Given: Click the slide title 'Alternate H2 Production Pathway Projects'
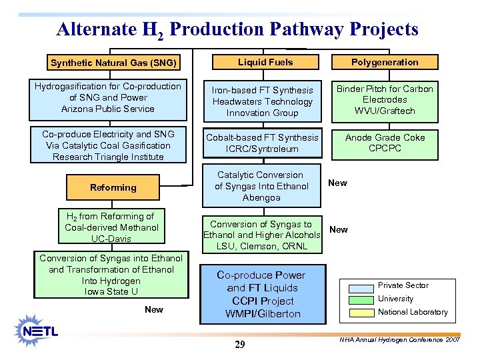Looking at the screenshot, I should coord(237,30).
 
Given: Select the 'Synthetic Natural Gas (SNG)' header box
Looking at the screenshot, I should coord(113,63).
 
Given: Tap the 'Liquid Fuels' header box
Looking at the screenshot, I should coord(265,62).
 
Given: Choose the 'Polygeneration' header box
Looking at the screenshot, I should coord(385,62).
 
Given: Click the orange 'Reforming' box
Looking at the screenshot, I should coord(113,187).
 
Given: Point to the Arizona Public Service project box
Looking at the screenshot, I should coord(107,97).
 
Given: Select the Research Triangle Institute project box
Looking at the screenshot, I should coord(107,145).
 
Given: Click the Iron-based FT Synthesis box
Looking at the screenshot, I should coord(262,101).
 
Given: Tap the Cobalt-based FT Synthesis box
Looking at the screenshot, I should coord(262,143).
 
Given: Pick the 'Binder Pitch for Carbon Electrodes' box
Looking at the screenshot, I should coord(385,99).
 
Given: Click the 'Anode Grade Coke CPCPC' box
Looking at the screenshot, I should coord(385,143).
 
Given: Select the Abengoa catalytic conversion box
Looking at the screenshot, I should coord(261,186).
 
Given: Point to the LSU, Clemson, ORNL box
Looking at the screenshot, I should coord(261,235).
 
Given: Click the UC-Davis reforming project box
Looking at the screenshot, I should coord(111,227).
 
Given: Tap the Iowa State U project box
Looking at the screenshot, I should coord(111,275).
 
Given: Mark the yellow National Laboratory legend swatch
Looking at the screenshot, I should coord(357,312).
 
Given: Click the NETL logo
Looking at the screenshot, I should coord(39,330).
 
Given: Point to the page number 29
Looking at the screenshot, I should coord(240,345).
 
